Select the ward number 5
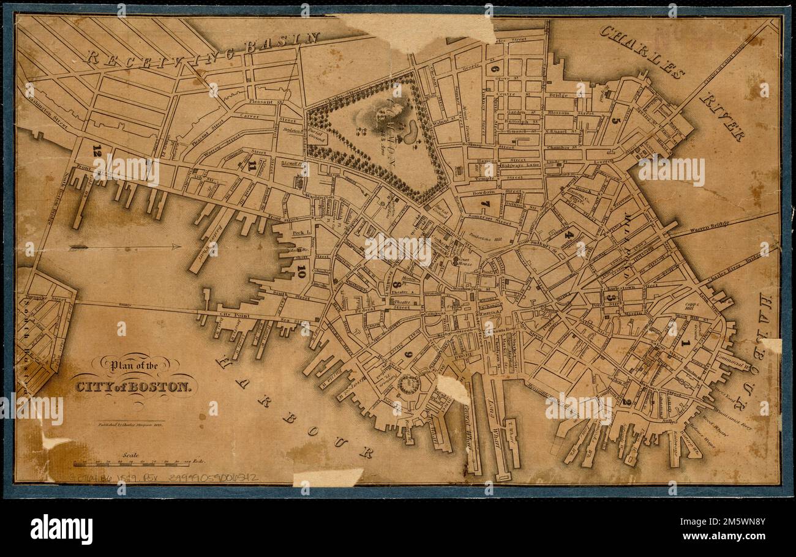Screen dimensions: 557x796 click(615, 120)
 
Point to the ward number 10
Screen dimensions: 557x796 click(301, 271)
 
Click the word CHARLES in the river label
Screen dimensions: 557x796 click(642, 51)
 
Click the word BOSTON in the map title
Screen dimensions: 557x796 click(167, 386)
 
